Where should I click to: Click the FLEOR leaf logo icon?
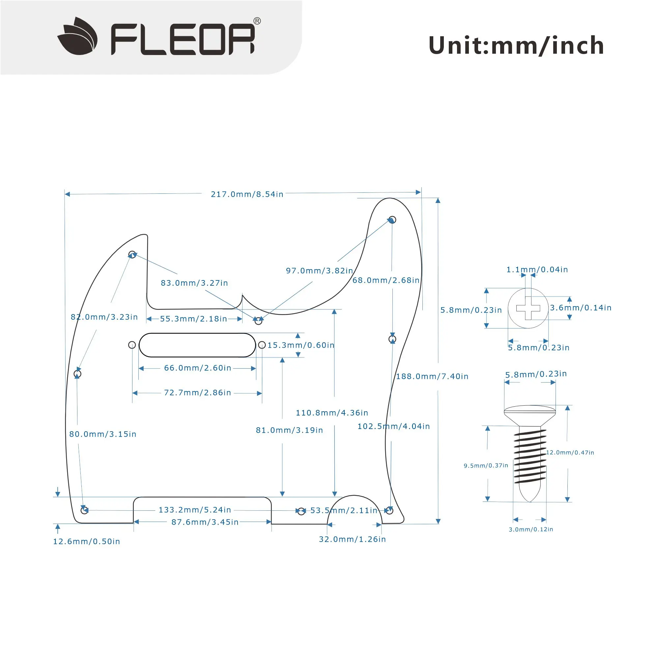pyautogui.click(x=77, y=36)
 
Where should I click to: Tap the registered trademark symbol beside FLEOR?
pyautogui.click(x=257, y=21)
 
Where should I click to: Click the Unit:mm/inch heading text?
pyautogui.click(x=516, y=45)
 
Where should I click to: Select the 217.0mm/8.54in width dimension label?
pyautogui.click(x=247, y=194)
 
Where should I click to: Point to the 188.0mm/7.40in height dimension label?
pyautogui.click(x=432, y=377)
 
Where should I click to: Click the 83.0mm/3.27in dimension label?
pyautogui.click(x=194, y=283)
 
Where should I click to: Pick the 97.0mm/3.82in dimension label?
pyautogui.click(x=319, y=271)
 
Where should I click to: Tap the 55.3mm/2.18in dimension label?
pyautogui.click(x=193, y=319)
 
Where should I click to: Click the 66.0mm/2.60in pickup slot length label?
pyautogui.click(x=198, y=368)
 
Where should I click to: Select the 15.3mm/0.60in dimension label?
pyautogui.click(x=301, y=345)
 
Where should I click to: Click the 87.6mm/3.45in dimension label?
pyautogui.click(x=205, y=522)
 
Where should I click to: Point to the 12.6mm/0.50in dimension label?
pyautogui.click(x=87, y=542)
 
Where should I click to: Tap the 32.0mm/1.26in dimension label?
pyautogui.click(x=352, y=539)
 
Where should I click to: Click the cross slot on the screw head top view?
pyautogui.click(x=528, y=308)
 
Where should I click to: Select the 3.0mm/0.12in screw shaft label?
pyautogui.click(x=531, y=530)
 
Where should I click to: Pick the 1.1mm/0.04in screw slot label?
pyautogui.click(x=537, y=270)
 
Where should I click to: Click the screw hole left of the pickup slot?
pyautogui.click(x=132, y=345)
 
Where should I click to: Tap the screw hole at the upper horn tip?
pyautogui.click(x=392, y=219)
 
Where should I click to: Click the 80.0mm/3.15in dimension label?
pyautogui.click(x=103, y=434)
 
